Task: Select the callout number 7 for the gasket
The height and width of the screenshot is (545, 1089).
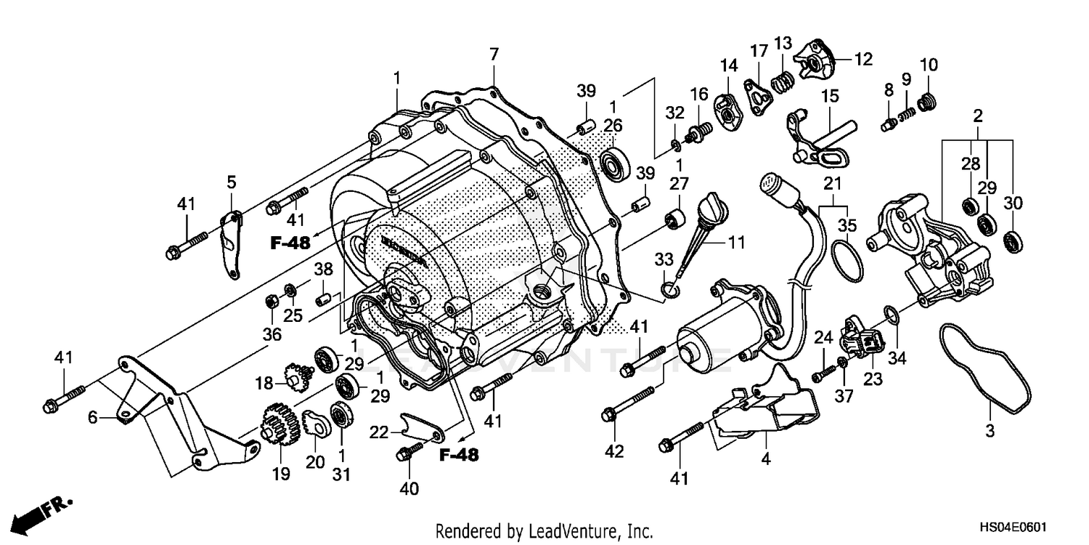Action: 494,54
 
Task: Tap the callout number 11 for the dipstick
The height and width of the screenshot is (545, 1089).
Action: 737,242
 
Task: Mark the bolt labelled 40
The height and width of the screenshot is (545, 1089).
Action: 405,453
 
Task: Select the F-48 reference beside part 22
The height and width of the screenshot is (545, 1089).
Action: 459,455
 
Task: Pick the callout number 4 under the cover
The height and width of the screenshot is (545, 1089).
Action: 767,459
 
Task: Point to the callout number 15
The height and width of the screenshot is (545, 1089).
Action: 829,96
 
